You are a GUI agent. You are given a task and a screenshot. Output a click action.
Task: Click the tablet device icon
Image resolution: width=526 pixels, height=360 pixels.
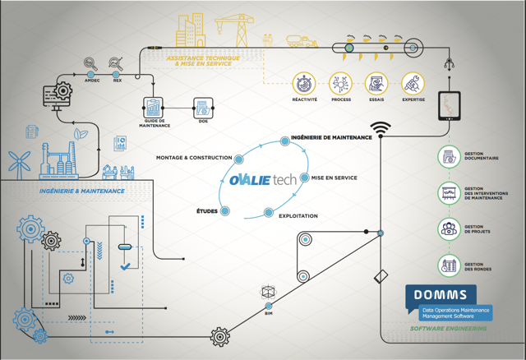coord(449,106)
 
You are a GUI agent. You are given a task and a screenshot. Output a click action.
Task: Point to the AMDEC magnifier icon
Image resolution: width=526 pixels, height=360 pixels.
coord(92,63)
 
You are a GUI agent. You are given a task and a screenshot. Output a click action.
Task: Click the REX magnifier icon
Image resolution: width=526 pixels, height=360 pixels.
coord(117,63)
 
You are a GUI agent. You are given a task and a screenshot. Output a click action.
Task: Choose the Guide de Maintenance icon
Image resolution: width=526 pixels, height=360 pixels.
coord(154,107)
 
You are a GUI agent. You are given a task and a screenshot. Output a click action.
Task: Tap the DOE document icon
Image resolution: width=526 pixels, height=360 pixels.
coord(203,108)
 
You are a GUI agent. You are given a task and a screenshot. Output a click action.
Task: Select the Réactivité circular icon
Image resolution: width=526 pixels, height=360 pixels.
coord(305,83)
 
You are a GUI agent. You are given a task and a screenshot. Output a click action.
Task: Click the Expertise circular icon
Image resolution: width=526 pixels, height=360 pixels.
coord(413,83)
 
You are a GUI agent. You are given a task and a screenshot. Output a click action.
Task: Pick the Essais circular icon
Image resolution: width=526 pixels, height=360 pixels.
coord(376,83)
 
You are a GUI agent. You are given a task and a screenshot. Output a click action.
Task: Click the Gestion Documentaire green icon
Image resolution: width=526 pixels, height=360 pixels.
coord(449,155)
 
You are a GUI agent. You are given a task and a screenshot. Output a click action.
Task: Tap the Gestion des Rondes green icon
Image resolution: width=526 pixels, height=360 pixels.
coord(449,265)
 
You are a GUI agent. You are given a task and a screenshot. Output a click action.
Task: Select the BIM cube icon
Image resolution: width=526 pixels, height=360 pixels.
coord(269,293)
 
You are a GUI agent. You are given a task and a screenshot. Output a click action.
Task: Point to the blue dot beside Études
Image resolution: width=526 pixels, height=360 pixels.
coord(225,211)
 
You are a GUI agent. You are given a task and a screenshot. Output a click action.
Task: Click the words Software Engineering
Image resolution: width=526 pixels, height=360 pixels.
coord(449,329)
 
